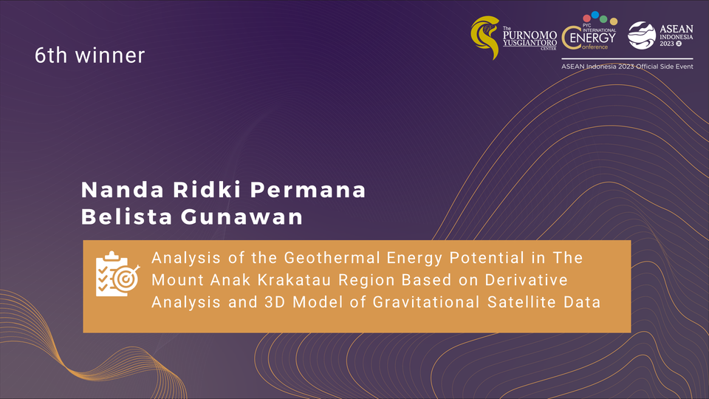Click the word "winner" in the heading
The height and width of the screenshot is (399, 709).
tap(110, 55)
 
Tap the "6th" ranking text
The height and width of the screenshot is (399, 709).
tap(51, 55)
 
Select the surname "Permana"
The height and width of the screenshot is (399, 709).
tap(308, 190)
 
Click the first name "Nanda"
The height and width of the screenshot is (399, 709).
tap(122, 190)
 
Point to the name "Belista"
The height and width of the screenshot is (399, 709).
tap(127, 216)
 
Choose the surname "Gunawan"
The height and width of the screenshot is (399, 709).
tap(242, 216)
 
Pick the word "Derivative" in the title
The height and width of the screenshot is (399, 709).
tap(527, 280)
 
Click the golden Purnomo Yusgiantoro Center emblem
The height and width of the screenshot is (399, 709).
tap(485, 38)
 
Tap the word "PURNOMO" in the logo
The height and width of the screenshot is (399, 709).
tap(530, 35)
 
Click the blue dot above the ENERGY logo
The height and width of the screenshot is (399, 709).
tap(595, 15)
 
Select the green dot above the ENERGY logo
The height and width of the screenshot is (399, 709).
tap(603, 19)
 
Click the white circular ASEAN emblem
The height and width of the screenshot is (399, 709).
tap(642, 35)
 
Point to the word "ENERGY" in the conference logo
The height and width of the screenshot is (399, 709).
tap(593, 38)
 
